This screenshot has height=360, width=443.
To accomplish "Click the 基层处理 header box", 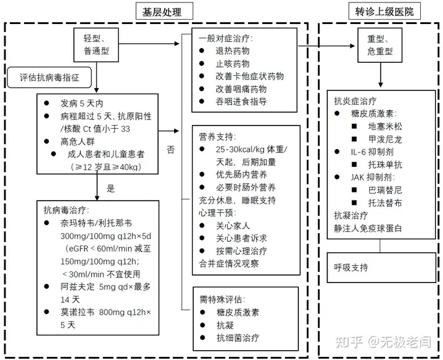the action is pyautogui.click(x=164, y=11).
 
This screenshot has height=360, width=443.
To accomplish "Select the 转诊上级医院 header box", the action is pyautogui.click(x=384, y=11).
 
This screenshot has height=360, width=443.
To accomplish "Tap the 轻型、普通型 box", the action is pyautogui.click(x=96, y=45).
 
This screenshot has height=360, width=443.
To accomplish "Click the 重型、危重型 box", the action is pyautogui.click(x=380, y=45).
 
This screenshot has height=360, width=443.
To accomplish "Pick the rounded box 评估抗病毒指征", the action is pyautogui.click(x=49, y=78).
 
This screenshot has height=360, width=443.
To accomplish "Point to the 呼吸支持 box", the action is pyautogui.click(x=381, y=267).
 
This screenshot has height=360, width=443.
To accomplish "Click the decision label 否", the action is pyautogui.click(x=170, y=150).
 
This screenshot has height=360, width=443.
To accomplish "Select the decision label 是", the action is pyautogui.click(x=111, y=188).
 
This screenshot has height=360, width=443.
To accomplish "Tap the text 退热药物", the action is pyautogui.click(x=233, y=51).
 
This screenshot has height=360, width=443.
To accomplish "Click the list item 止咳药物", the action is pyautogui.click(x=233, y=63).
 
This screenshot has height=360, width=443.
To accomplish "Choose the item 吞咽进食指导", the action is pyautogui.click(x=241, y=102).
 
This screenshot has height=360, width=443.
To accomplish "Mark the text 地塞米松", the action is pyautogui.click(x=385, y=126).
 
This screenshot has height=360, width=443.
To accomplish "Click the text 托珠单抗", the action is pyautogui.click(x=385, y=164).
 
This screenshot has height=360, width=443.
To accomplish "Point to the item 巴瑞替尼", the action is pyautogui.click(x=385, y=190).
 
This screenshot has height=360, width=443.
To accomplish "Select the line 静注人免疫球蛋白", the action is pyautogui.click(x=368, y=228).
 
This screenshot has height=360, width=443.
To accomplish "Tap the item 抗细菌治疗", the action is pyautogui.click(x=237, y=337).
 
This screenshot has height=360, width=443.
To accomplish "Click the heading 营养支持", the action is pyautogui.click(x=217, y=137).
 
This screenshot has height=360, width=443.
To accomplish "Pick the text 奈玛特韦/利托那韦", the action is pyautogui.click(x=96, y=223).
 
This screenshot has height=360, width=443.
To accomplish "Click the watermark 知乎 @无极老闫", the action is pyautogui.click(x=383, y=342).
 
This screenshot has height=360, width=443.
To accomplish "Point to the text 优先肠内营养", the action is pyautogui.click(x=241, y=175).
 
